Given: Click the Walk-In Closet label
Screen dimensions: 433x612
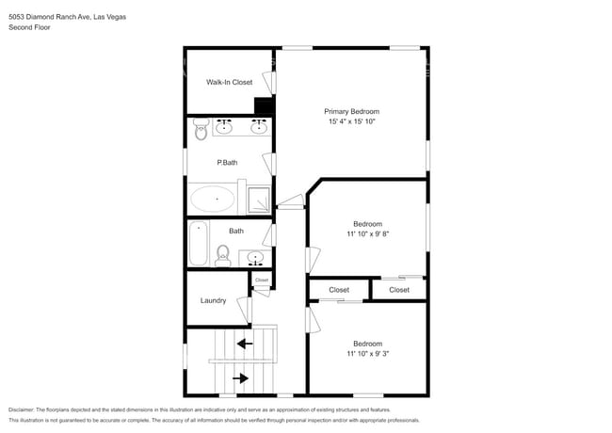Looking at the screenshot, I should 230,83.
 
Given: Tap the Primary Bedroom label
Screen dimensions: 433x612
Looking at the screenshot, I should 352,111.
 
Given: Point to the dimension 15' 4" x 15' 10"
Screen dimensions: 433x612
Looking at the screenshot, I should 352,122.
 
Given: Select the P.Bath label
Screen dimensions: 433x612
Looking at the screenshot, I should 227,163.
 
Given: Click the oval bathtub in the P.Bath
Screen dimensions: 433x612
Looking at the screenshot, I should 216,199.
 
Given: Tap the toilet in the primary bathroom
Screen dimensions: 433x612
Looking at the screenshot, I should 201,132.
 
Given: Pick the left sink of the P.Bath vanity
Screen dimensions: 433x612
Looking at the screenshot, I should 225,125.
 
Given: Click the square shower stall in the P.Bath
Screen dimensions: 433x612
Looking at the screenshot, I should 258,199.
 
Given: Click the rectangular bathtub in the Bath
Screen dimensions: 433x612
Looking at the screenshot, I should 199,243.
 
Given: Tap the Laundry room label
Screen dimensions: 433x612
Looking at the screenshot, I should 213,301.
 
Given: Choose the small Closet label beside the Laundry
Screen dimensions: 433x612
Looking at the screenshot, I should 262,280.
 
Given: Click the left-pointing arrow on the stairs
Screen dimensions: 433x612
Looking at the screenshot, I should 245,344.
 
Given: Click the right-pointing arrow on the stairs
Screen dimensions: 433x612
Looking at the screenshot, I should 241,378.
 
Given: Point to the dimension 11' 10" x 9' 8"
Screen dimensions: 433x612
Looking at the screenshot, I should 367,234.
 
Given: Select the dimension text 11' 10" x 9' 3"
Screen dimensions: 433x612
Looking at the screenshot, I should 367,354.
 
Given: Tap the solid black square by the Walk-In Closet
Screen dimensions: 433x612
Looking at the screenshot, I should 264,105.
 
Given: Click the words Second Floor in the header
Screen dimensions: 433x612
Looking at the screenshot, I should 29,27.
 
